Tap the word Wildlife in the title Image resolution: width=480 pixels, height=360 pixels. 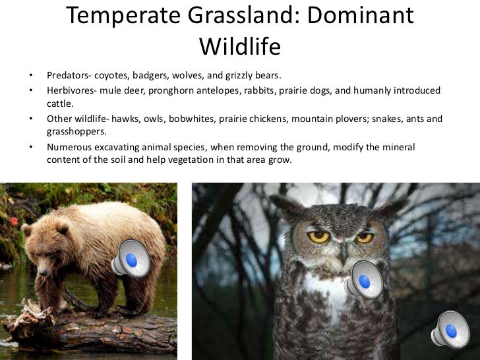(240, 45)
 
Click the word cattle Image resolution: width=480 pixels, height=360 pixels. (59, 104)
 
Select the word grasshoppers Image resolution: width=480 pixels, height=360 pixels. (76, 132)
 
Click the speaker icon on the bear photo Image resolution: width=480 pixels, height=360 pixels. (131, 258)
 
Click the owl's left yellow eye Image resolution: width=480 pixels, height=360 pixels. (320, 236)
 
